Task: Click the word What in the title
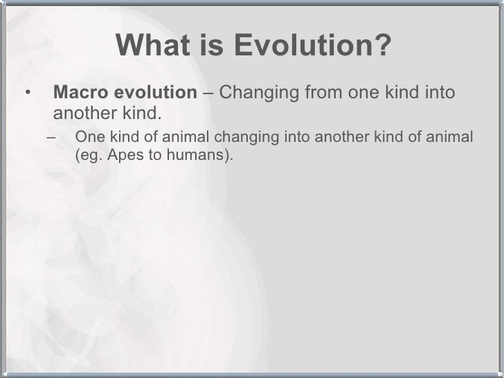153,45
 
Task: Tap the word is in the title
212,45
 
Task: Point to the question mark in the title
379,45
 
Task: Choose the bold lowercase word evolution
156,92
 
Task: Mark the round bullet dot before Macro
28,93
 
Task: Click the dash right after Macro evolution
208,93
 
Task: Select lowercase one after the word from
364,93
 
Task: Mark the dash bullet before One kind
51,138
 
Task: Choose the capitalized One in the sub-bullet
90,136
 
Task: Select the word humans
195,155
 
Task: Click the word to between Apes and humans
155,155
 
